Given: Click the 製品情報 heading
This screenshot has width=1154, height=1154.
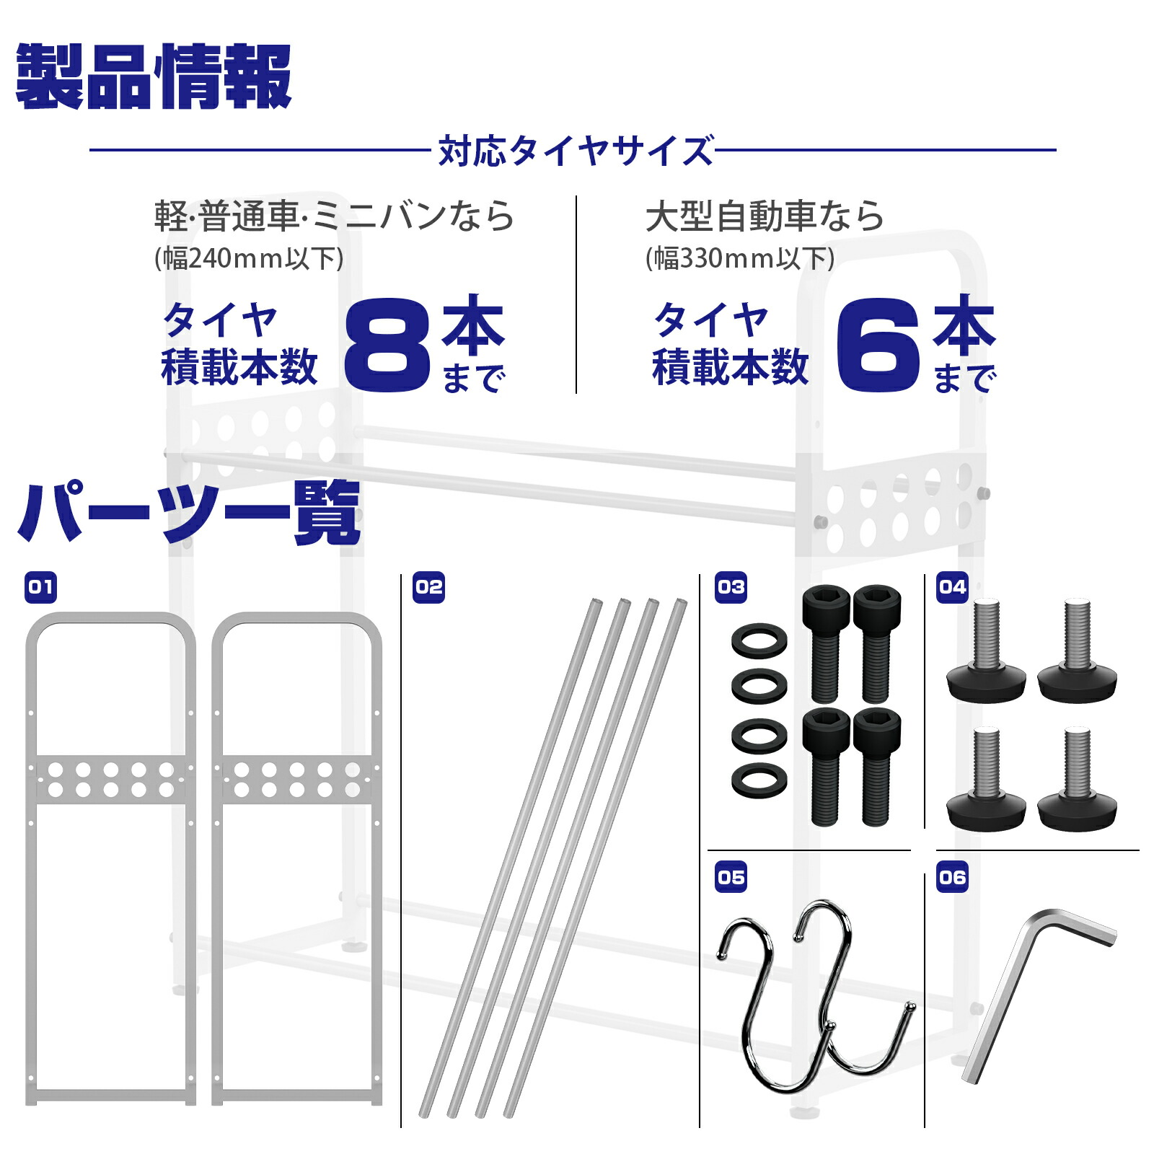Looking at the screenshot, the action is point(154,76).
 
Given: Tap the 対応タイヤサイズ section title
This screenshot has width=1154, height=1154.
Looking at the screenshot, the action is point(576,151).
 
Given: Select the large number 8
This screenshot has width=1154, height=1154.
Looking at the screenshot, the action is point(387,345).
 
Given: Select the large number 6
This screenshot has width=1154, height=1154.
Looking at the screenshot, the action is point(878,345).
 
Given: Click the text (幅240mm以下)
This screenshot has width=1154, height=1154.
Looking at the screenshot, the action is point(249,258).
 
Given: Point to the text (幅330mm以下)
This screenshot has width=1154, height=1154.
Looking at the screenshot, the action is point(740,258).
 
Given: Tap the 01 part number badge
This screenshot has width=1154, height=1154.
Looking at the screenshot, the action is point(40,588).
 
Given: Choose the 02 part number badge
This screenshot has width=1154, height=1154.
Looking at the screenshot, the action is point(428,588).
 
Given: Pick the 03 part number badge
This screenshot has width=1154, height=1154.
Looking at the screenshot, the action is point(731,588).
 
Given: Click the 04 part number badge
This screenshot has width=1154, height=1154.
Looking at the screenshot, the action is point(952,588).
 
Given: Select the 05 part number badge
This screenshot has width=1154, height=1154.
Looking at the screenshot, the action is point(731,877).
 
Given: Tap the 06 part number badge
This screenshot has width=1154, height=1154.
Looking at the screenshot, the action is point(952,877).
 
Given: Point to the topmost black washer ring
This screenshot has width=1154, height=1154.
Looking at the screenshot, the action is point(759,640).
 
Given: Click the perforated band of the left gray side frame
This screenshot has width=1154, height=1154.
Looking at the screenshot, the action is point(110,780).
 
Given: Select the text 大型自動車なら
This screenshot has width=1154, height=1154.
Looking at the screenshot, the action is point(765,216).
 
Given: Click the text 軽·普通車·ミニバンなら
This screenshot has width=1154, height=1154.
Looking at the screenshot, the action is point(334,216).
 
